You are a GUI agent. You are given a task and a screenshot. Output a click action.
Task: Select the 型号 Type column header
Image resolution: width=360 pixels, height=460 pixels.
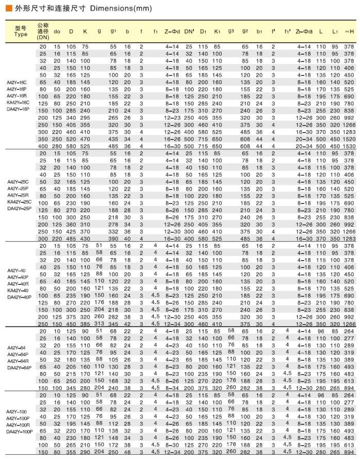(21, 31)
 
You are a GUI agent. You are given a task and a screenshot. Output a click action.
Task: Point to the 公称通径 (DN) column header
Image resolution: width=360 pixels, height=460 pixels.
(43, 31)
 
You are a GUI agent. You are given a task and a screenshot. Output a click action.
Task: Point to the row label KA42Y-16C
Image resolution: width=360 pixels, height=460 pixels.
(19, 102)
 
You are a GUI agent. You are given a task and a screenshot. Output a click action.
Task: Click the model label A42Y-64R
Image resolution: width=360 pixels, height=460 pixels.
(19, 361)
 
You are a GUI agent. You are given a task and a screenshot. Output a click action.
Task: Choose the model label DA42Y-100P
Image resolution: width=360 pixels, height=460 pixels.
(19, 431)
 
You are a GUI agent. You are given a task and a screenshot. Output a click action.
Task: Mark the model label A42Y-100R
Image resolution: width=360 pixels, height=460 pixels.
(19, 424)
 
